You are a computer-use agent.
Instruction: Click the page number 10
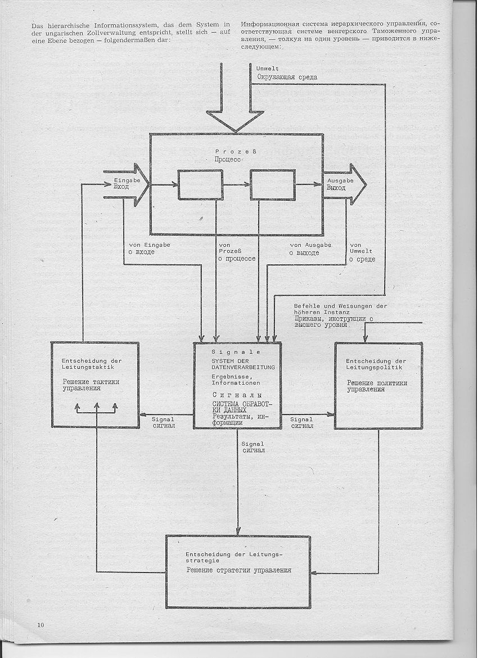40,625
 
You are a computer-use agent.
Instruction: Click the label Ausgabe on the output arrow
340,181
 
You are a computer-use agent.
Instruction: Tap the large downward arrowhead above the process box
236,120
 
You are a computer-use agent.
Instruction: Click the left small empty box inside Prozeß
201,184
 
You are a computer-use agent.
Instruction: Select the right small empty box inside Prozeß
273,184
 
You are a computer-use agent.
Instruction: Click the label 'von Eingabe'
150,245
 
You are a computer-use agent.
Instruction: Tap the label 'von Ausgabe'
310,245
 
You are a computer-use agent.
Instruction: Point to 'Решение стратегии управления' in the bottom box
238,570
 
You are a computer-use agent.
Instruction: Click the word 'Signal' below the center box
252,444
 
